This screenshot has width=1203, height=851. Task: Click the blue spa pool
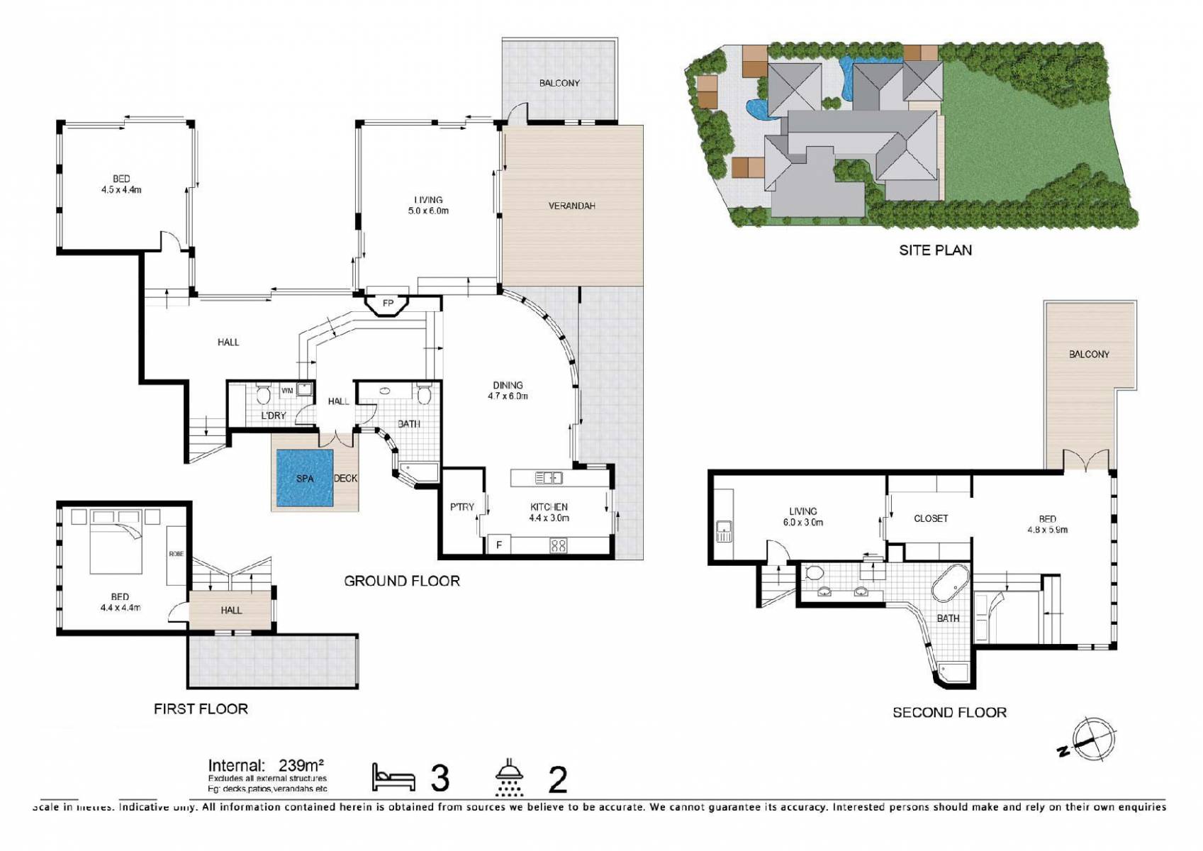coord(304,478)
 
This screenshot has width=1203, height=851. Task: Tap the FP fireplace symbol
coord(388,304)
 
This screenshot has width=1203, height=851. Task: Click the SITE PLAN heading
coord(935,250)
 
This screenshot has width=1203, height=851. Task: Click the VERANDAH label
coord(571,206)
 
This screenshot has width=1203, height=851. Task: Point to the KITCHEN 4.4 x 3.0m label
coord(549,512)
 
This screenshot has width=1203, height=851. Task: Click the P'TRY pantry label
coord(461,506)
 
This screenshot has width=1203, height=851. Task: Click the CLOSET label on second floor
coord(930,518)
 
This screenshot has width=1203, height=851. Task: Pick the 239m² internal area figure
coord(301,765)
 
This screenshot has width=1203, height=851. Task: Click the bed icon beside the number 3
coord(393,778)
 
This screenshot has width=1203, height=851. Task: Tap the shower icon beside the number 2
coord(508,779)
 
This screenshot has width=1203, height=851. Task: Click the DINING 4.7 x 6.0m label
coord(508,391)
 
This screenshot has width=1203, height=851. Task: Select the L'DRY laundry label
coord(273,415)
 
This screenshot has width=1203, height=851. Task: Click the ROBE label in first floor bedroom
coord(176,554)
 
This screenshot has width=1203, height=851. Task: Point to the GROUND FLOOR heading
coord(401,581)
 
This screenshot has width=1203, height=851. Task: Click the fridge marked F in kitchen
coord(499,545)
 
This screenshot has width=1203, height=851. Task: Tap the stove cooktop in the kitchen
coord(559,545)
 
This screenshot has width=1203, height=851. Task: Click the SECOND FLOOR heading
coord(949,712)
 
